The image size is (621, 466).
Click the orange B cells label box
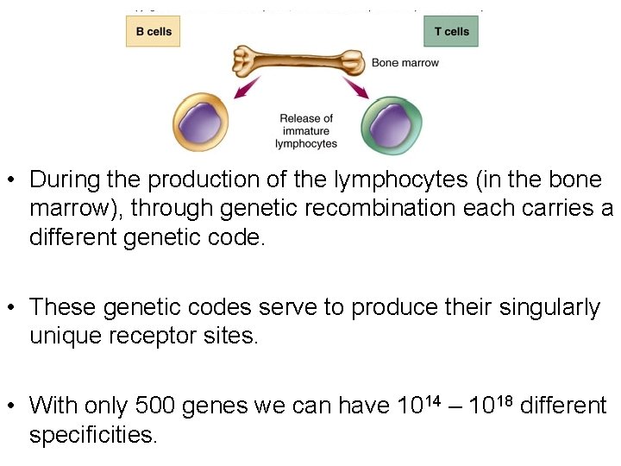153,32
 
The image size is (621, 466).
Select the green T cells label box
451,32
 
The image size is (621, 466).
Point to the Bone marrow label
405,63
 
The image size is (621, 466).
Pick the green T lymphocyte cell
392,125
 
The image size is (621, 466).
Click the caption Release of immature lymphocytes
305,131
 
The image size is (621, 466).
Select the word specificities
93,434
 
